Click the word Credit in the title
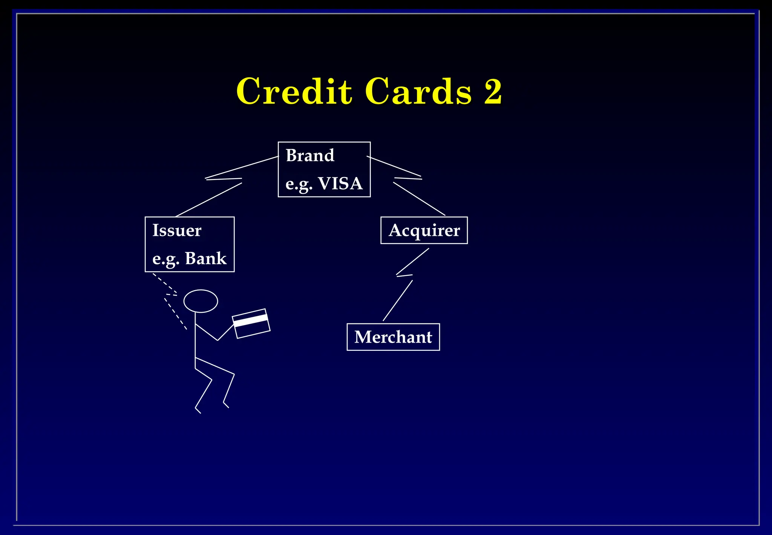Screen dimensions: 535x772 [294, 91]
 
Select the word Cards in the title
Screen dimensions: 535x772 [418, 91]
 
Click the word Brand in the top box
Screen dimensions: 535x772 [310, 155]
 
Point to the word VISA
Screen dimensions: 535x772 [340, 184]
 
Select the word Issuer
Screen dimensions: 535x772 [177, 231]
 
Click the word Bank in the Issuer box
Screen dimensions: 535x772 [206, 259]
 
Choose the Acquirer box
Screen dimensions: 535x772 [424, 231]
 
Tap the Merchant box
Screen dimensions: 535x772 [393, 337]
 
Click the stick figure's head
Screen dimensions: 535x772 [201, 301]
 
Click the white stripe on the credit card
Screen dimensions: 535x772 [250, 320]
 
